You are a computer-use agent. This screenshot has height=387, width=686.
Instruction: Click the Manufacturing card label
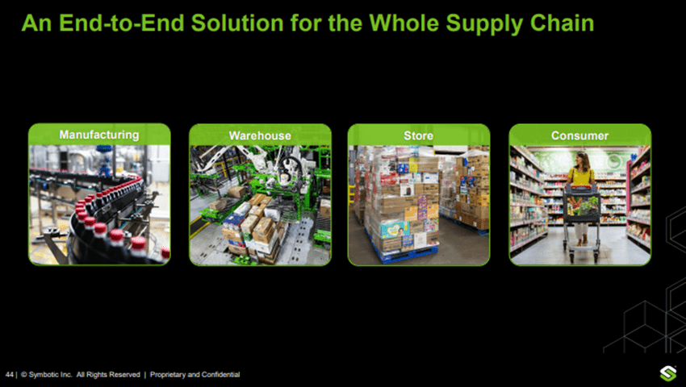click(99, 135)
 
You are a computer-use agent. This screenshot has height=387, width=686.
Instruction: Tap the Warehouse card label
click(259, 135)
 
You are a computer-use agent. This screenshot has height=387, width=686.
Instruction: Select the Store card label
click(418, 135)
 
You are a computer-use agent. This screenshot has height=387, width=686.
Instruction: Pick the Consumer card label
click(579, 135)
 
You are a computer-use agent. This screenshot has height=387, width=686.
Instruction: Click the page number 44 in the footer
click(10, 375)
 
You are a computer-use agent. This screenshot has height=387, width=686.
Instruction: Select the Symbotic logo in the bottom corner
click(667, 374)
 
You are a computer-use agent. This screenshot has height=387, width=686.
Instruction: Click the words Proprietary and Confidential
click(195, 375)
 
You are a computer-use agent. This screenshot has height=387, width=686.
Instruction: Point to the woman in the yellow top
click(580, 181)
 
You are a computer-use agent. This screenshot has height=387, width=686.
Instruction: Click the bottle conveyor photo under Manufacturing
click(99, 206)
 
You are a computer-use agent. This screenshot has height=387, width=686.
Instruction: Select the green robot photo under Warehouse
click(259, 206)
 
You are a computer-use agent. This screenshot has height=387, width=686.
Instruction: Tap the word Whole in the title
click(387, 23)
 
